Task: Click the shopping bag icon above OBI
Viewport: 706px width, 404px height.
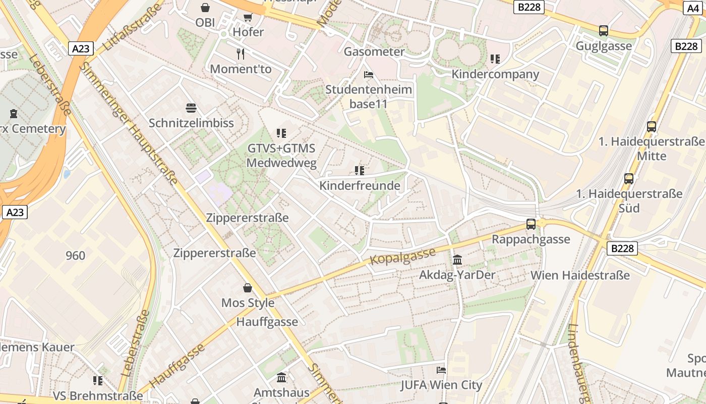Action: [x=205, y=8]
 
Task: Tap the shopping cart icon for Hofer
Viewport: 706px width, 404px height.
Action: [x=248, y=18]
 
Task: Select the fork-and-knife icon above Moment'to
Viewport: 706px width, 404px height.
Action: [x=241, y=54]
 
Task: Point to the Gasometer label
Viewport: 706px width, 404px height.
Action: [x=374, y=52]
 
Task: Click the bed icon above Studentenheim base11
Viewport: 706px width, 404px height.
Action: [x=369, y=75]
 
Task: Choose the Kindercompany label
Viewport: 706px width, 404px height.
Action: [x=495, y=74]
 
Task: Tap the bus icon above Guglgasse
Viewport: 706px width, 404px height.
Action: [x=604, y=31]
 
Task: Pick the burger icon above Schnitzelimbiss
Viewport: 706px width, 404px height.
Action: [x=191, y=108]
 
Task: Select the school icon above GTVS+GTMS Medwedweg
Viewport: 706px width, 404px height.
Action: [x=281, y=133]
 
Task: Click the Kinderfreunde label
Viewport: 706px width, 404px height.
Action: [x=360, y=185]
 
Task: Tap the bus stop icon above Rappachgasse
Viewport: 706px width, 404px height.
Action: [x=531, y=224]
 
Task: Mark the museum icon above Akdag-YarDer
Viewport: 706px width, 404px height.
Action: [x=457, y=260]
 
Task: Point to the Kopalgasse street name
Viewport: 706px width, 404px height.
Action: [x=402, y=256]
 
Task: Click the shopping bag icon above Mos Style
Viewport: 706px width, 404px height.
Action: [x=248, y=288]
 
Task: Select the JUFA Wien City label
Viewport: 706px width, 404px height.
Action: [x=441, y=385]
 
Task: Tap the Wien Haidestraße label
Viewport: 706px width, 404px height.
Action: [x=580, y=275]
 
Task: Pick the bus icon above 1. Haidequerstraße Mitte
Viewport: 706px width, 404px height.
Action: [x=652, y=126]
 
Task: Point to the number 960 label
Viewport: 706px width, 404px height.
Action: [x=76, y=256]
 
